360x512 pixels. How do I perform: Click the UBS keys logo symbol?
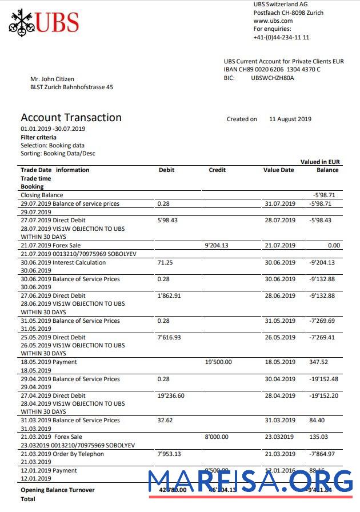point(21,23)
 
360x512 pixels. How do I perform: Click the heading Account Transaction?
point(71,118)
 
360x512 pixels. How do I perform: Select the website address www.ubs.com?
point(273,21)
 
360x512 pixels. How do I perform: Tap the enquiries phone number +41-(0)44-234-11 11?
point(281,37)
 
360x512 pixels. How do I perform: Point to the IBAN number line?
point(272,69)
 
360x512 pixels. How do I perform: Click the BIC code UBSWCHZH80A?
point(273,78)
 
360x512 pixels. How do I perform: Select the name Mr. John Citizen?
point(52,79)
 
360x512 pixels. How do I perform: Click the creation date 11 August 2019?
point(290,119)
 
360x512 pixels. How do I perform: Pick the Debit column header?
point(166,170)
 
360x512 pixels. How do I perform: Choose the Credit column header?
point(217,170)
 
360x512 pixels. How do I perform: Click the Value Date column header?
point(278,170)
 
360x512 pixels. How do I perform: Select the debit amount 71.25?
point(165,262)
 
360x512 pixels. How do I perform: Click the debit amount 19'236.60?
point(171,395)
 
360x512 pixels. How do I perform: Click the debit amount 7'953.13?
point(169,454)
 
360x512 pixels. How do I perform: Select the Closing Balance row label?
point(42,195)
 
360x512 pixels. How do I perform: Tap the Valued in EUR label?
point(320,162)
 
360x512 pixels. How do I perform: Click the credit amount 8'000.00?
point(216,437)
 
